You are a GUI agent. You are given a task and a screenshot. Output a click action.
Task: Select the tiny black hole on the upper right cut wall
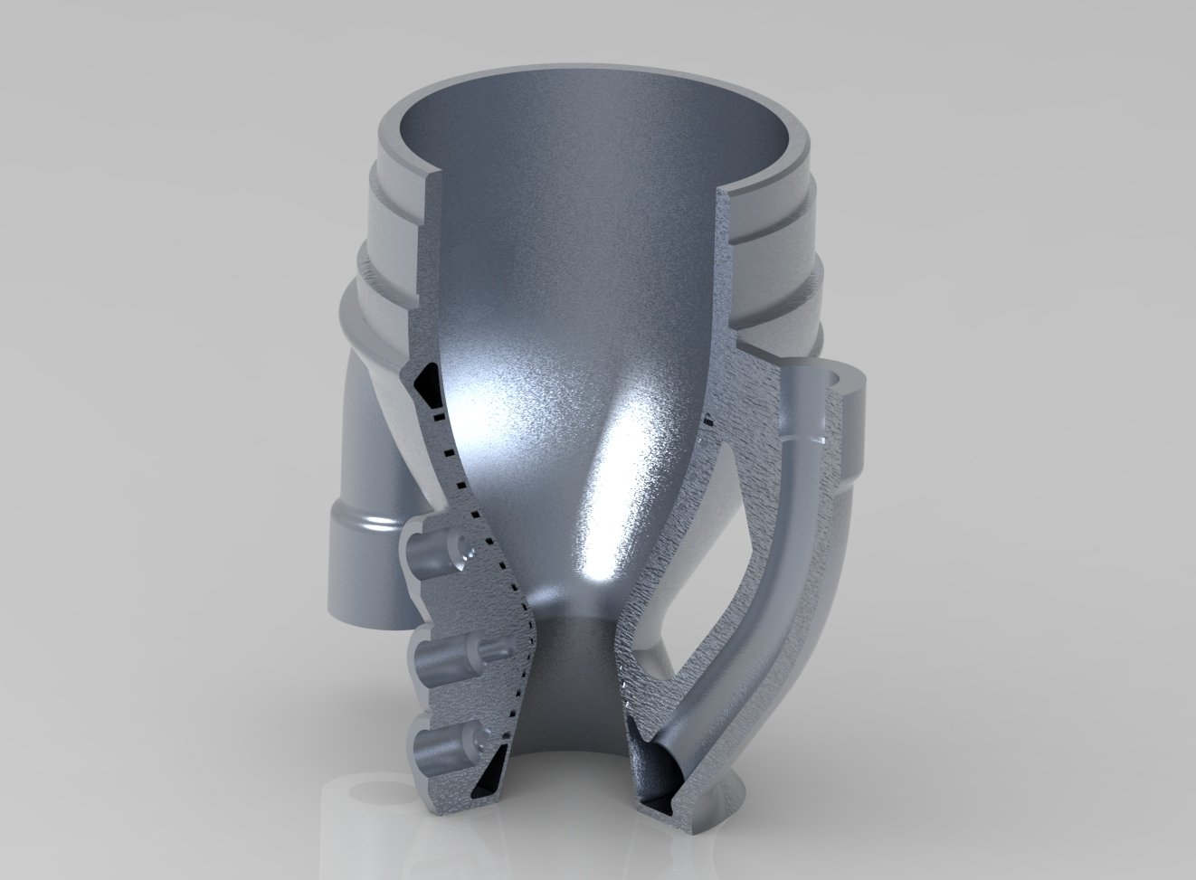point(707,418)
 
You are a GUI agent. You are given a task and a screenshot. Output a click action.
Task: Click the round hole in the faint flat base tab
point(372,791)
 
